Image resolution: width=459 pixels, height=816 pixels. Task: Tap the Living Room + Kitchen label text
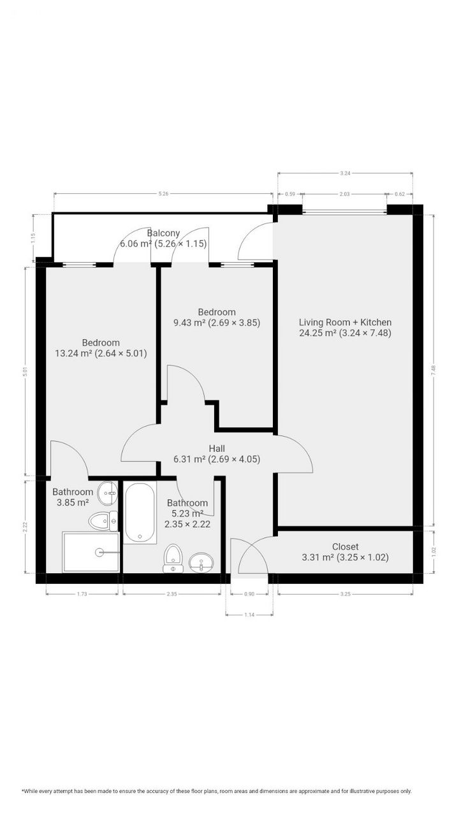[345, 327]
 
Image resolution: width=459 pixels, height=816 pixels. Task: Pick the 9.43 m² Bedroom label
[217, 317]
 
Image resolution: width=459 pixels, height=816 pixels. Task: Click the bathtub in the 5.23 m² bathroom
[140, 512]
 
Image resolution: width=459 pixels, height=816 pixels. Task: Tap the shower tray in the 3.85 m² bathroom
[91, 552]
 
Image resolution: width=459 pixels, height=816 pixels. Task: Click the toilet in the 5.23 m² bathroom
[172, 556]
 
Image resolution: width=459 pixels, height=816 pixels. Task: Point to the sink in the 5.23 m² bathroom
[201, 562]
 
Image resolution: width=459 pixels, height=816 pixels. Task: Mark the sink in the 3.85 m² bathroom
[110, 491]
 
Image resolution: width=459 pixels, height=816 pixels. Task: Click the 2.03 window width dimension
[344, 194]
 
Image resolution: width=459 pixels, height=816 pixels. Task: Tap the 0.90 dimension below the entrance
[249, 594]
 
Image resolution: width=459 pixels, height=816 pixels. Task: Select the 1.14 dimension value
[249, 615]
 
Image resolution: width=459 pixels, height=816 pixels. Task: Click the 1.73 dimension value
[82, 594]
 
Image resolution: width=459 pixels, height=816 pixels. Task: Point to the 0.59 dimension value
[290, 194]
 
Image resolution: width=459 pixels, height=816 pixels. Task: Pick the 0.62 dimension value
[400, 194]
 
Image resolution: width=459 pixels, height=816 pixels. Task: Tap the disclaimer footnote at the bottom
[217, 791]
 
